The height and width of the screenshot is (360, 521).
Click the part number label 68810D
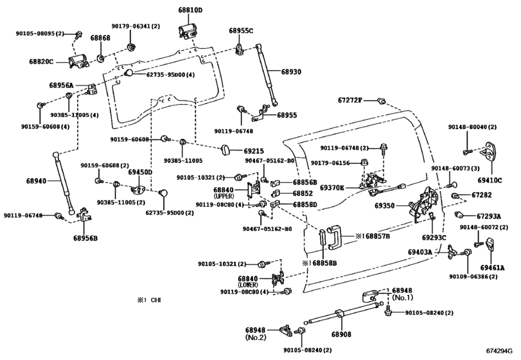pyautogui.click(x=190, y=11)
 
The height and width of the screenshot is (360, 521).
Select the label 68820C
pyautogui.click(x=42, y=62)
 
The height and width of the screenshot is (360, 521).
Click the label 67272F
pyautogui.click(x=351, y=100)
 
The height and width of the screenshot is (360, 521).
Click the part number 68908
pyautogui.click(x=342, y=334)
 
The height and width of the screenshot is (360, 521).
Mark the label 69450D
pyautogui.click(x=139, y=172)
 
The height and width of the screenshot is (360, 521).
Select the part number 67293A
pyautogui.click(x=489, y=216)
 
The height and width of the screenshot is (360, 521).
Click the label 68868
pyautogui.click(x=100, y=39)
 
